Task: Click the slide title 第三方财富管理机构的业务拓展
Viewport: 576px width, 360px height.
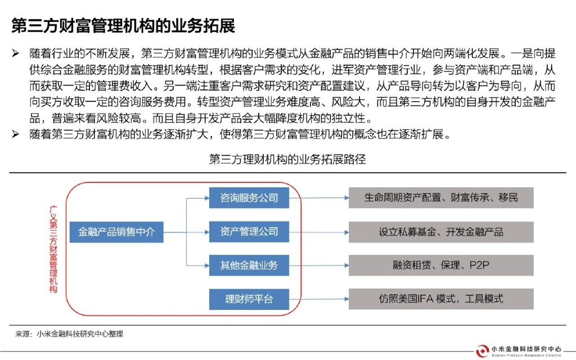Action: point(123,25)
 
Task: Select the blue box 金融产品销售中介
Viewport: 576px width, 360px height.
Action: point(116,231)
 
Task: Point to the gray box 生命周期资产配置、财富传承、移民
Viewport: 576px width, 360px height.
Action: point(440,198)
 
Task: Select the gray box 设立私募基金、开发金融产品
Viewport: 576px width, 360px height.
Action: point(440,231)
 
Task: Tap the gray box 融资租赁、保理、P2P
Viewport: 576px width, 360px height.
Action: point(440,265)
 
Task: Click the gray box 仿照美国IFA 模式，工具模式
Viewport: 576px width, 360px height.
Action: point(440,299)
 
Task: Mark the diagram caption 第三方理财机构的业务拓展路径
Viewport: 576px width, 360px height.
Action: point(287,159)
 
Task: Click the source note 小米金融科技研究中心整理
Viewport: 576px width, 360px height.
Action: point(79,334)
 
